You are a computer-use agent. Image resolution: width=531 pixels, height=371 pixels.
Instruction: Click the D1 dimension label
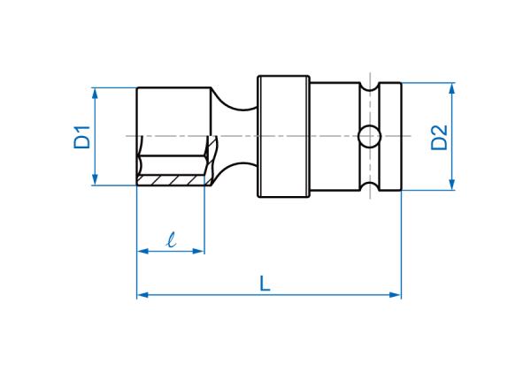(82, 137)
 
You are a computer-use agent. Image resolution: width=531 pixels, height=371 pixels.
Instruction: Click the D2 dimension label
(439, 137)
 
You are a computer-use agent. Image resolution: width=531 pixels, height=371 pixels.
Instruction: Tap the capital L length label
(265, 284)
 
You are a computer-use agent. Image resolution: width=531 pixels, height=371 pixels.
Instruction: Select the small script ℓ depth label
(172, 240)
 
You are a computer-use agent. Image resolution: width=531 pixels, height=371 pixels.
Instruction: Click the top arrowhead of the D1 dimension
(95, 93)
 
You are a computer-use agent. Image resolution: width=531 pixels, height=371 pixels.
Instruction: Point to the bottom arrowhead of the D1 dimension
(95, 179)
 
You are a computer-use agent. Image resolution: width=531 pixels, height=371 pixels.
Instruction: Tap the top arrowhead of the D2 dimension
(451, 88)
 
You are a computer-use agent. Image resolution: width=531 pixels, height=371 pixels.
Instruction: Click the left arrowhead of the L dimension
(142, 295)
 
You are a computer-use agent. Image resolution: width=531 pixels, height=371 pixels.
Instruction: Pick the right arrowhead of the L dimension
(396, 295)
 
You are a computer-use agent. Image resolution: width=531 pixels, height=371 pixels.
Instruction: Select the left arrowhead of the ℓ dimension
(142, 251)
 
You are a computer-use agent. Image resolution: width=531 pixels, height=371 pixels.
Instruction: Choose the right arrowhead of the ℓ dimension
(198, 251)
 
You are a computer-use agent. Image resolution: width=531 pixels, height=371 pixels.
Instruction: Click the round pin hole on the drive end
(369, 137)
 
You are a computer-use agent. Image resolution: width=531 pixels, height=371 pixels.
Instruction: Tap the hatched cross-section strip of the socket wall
(172, 180)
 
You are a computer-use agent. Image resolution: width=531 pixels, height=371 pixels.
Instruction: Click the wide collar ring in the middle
(284, 136)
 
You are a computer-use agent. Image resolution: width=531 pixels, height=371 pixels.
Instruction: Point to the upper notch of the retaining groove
(369, 87)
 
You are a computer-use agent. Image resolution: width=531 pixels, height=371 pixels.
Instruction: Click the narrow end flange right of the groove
(390, 137)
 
